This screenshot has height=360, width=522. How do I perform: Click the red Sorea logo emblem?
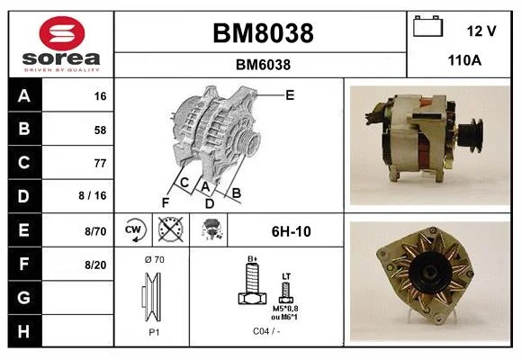point(62,33)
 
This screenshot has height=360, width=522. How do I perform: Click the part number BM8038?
point(263,33)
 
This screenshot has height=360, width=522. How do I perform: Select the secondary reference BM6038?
point(263,65)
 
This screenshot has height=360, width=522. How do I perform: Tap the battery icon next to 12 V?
point(427,26)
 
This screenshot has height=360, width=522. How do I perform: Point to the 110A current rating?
point(464,60)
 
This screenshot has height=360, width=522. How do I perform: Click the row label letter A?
point(24,96)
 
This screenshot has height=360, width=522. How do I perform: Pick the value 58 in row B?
point(100,130)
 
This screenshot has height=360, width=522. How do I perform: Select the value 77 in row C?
point(100,163)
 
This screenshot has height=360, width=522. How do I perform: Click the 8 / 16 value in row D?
point(93,195)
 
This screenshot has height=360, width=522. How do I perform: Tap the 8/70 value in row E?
point(95,231)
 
